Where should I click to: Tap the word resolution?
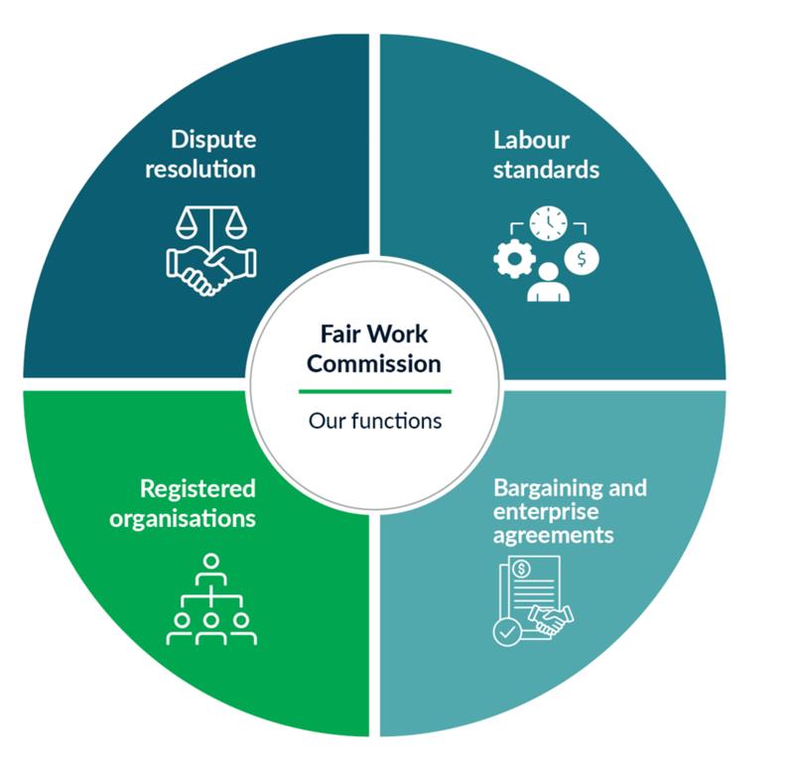[x=200, y=169]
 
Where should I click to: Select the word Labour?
[x=530, y=140]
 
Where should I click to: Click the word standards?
[x=545, y=170]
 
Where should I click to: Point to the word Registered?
[x=198, y=488]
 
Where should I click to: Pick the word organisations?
[x=197, y=518]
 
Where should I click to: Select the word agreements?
[x=555, y=536]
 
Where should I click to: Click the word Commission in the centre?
[x=373, y=363]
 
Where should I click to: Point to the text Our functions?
[x=374, y=421]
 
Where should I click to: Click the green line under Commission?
[x=374, y=391]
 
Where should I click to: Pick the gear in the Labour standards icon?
[x=514, y=256]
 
